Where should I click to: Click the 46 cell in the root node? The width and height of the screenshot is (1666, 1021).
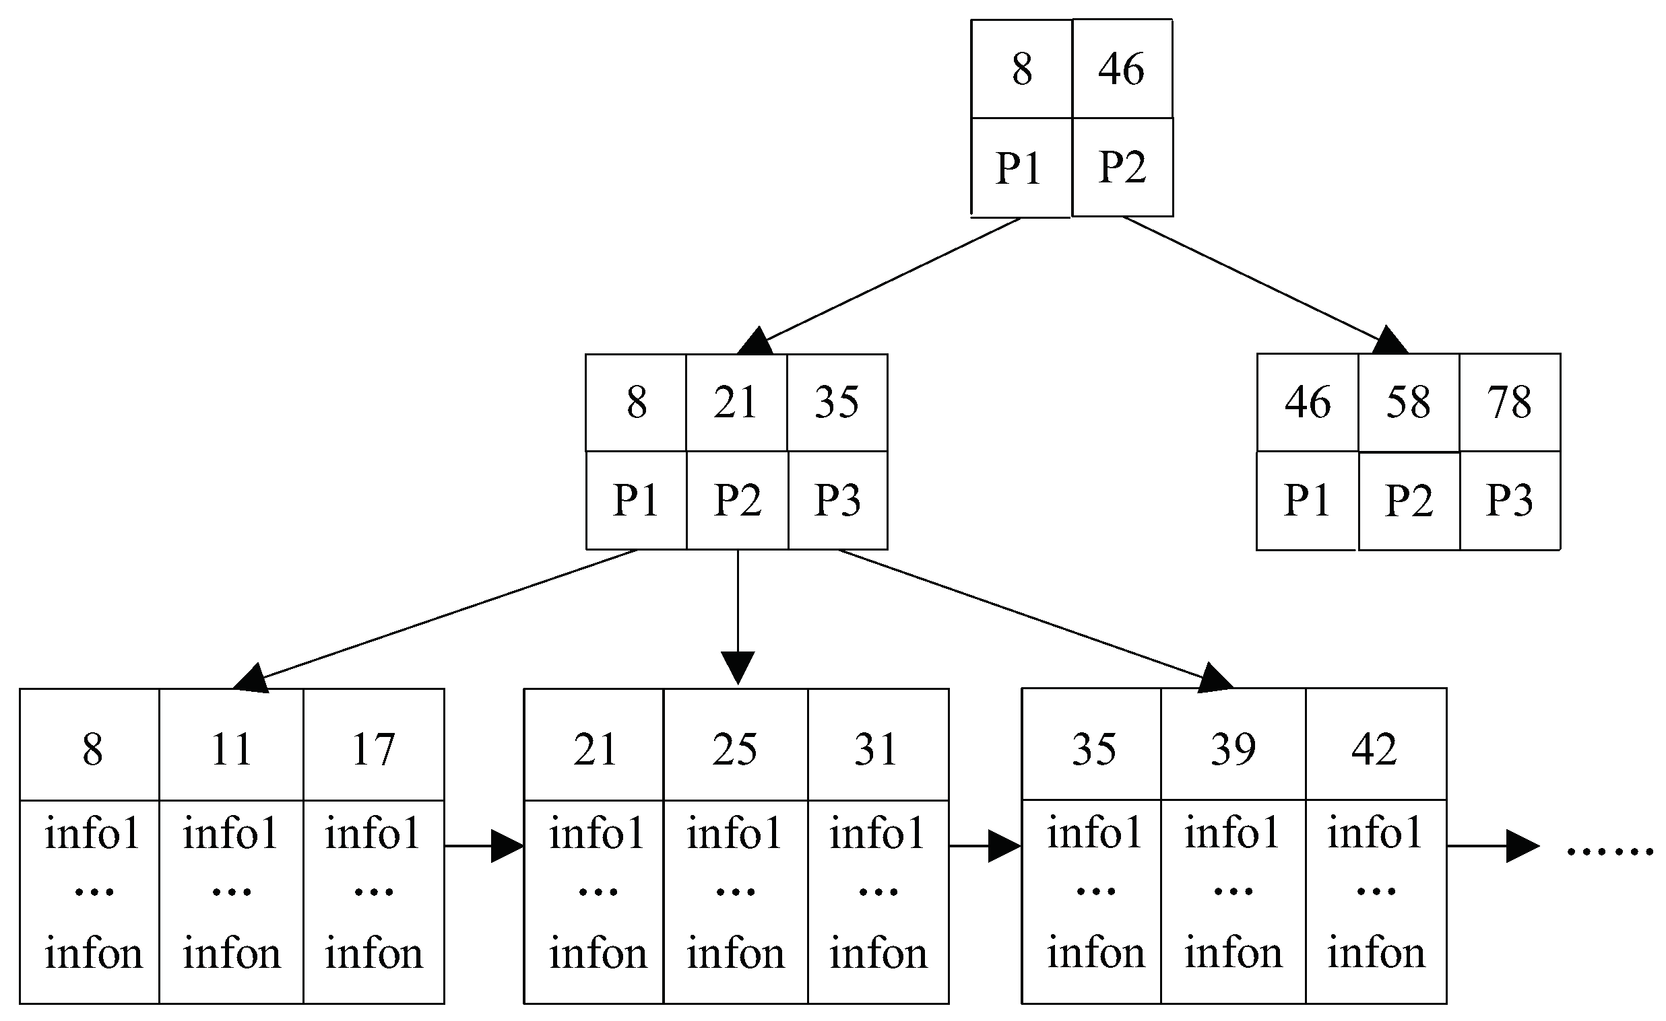tap(1122, 68)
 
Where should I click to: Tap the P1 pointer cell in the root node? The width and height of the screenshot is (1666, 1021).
tap(1020, 167)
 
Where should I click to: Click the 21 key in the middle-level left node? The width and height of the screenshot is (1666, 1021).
tap(736, 402)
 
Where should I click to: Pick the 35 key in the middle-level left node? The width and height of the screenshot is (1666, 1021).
tap(837, 402)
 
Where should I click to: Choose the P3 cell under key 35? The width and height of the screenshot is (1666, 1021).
tap(838, 500)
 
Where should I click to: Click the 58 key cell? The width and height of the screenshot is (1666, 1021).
tap(1409, 402)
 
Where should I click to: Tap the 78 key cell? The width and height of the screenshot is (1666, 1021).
tap(1509, 402)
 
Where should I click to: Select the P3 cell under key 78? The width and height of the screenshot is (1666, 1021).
tap(1509, 501)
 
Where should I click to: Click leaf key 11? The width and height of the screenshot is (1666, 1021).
tap(231, 749)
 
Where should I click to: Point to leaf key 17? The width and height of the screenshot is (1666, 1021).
tap(373, 749)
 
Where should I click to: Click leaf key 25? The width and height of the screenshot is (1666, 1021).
tap(735, 749)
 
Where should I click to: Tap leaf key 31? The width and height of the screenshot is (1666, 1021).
tap(877, 749)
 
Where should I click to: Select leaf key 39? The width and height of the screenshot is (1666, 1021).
tap(1234, 748)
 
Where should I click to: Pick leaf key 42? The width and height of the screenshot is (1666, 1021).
tap(1374, 748)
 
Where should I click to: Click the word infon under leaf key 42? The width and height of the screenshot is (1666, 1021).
tap(1375, 953)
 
